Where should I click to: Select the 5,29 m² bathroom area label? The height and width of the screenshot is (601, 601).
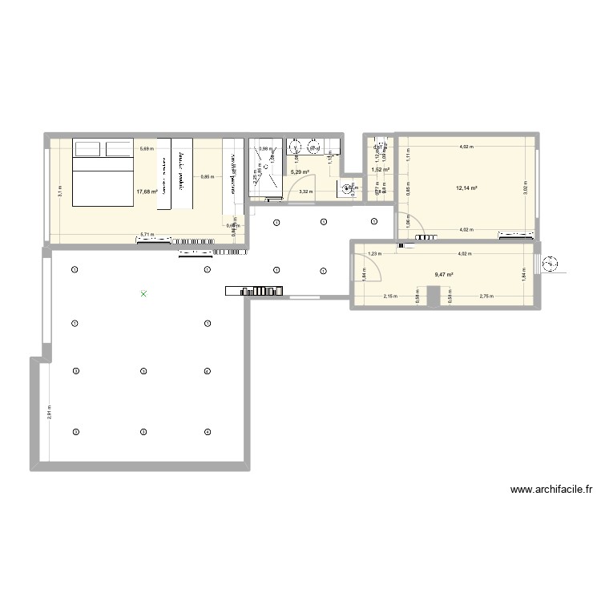coord(300,171)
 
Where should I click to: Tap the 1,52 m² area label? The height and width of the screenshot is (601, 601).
coord(380,170)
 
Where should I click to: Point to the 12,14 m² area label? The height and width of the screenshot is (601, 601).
coord(466,189)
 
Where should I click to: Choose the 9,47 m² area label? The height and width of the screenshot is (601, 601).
coord(444,275)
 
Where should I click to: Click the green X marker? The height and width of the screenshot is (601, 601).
coord(143,294)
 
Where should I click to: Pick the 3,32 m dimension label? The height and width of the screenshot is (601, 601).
coord(305,192)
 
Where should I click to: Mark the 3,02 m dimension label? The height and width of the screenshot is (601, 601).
coord(526,189)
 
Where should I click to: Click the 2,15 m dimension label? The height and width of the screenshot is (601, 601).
coord(390,296)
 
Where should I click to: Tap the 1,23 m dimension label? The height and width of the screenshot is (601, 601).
coord(373,254)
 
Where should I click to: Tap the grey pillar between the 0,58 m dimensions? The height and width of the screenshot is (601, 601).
coord(433,298)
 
